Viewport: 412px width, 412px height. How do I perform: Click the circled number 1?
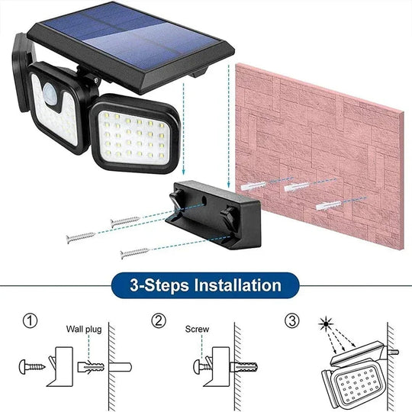tap(30, 320)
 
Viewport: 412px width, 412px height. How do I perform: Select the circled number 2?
tap(157, 320)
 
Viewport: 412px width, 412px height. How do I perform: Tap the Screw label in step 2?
tap(196, 330)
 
